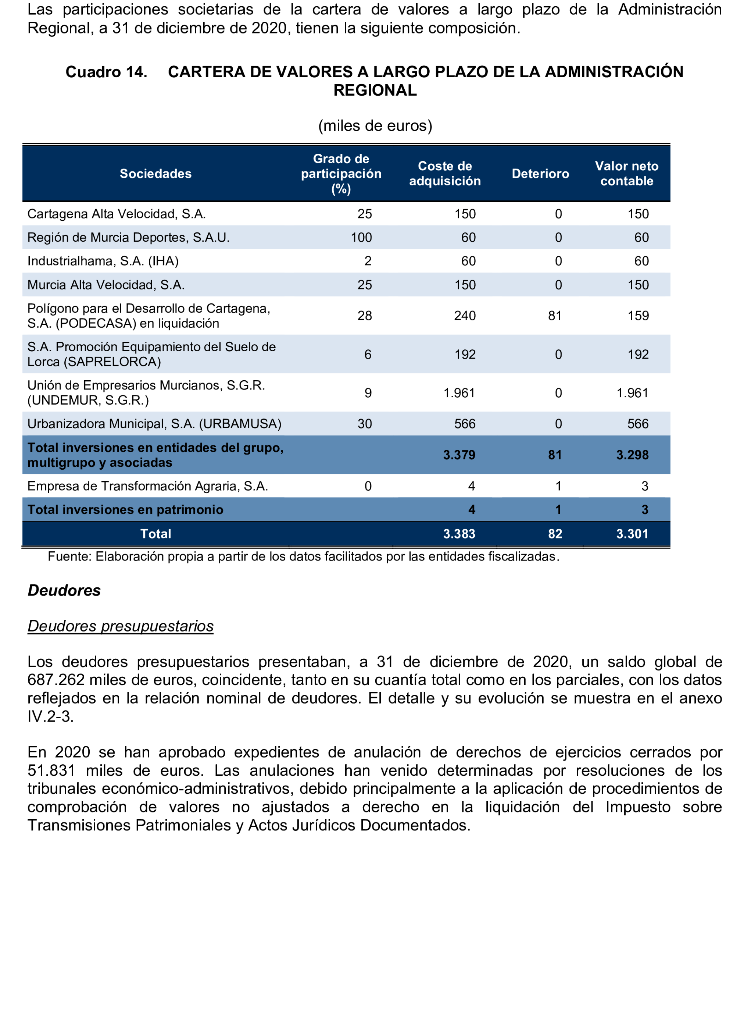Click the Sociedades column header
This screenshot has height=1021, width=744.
[x=155, y=174]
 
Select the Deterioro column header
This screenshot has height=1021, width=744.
[x=540, y=174]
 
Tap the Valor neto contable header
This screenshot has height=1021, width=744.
[x=626, y=174]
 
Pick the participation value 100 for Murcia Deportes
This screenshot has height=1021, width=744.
[x=361, y=238]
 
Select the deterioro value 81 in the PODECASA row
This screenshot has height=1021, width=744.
[x=555, y=316]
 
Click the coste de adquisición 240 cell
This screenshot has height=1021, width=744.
[x=465, y=316]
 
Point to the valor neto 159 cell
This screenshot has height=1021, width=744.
[x=638, y=316]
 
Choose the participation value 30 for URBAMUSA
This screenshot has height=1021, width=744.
[x=364, y=424]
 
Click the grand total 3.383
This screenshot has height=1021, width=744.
[x=459, y=534]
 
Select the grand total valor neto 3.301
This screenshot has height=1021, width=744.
[x=632, y=534]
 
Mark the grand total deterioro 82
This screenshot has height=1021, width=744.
[x=555, y=534]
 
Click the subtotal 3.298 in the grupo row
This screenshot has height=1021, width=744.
[x=632, y=455]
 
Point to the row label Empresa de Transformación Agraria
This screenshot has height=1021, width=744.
[x=147, y=486]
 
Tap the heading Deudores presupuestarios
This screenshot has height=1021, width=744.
[x=120, y=626]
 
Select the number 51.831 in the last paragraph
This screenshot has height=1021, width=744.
[x=51, y=771]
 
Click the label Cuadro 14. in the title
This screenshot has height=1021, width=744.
[x=106, y=72]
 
